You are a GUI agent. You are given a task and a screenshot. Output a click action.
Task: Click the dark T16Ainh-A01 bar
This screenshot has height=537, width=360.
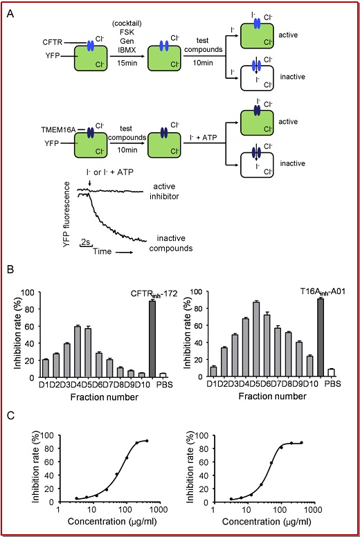[321, 338]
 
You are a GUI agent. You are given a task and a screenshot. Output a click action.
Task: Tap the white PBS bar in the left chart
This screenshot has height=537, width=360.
[163, 375]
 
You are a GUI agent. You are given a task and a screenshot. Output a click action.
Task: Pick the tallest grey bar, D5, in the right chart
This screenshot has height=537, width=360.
[256, 339]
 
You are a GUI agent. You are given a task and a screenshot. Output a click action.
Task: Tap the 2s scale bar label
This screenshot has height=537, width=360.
[85, 242]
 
